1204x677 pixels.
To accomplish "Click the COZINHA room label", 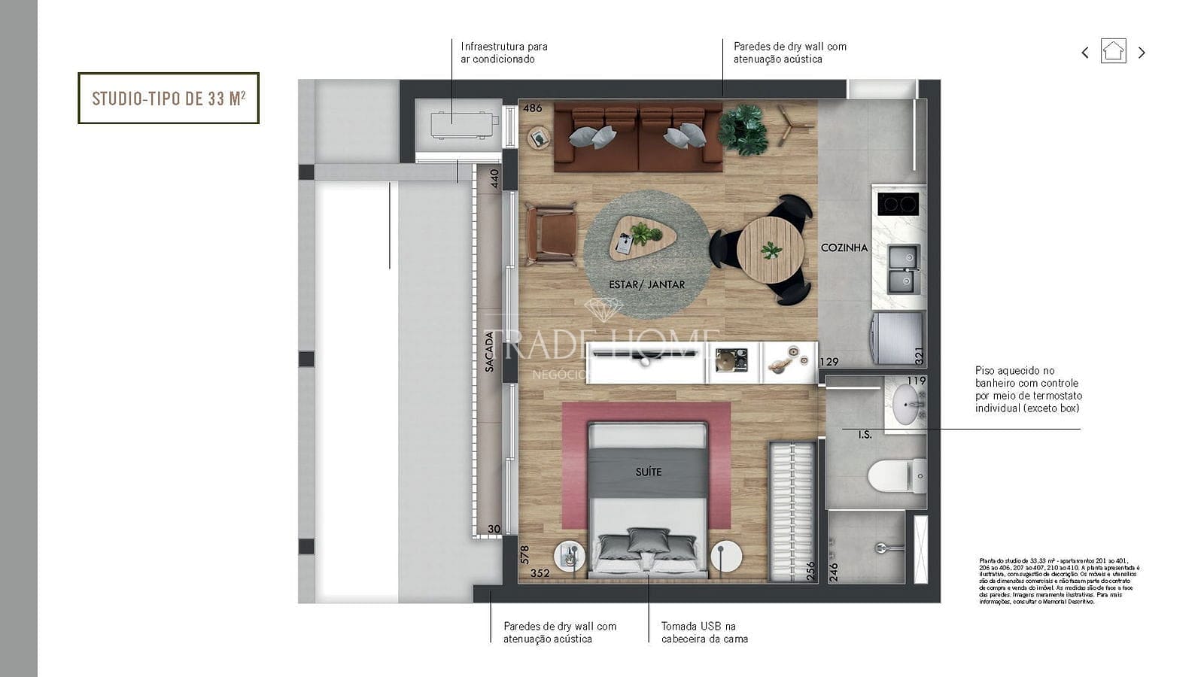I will pos(844,247).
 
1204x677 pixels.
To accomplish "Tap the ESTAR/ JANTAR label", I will pos(646,284).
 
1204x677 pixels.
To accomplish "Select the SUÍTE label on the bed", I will pos(648,472).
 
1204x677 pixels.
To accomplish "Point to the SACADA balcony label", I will pos(490,352).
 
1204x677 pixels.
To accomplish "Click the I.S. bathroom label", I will pos(865,435).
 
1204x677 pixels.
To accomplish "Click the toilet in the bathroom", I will pos(896,476).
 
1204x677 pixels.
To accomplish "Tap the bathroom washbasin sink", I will pos(905,404).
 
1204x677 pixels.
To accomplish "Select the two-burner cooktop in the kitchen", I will pos(898,204).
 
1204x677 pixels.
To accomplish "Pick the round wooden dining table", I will pos(770,250).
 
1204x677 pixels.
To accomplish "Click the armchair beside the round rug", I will pos(552,234).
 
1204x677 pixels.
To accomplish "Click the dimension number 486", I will pos(532,108).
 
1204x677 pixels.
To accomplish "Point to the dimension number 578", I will pos(524,554).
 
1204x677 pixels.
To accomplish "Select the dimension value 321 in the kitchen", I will pos(918,356).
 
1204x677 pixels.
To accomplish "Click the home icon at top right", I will pos(1113,51).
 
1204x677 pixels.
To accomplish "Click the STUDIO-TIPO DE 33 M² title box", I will pos(169,98).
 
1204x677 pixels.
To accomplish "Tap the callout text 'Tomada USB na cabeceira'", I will pos(704,632).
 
